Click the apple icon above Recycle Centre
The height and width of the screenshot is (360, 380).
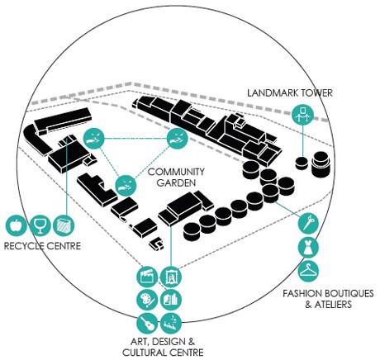[16, 225]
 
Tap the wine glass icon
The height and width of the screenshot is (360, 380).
[40, 225]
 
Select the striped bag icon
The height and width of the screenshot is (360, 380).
[64, 225]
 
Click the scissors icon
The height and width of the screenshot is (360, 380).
[308, 223]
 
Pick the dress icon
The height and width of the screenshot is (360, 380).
[308, 248]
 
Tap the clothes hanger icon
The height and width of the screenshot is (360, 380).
[308, 272]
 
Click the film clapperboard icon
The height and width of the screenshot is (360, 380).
[147, 277]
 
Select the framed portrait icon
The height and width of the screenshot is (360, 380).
[171, 277]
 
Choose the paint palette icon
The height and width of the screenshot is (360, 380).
[147, 300]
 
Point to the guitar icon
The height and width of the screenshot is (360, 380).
[147, 323]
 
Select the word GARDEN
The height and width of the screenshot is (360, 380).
[176, 182]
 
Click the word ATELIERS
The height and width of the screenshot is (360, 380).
[333, 305]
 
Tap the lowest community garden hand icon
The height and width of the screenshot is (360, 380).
[126, 185]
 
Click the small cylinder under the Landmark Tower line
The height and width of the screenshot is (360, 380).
[302, 163]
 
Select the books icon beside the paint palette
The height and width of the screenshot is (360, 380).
[171, 300]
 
